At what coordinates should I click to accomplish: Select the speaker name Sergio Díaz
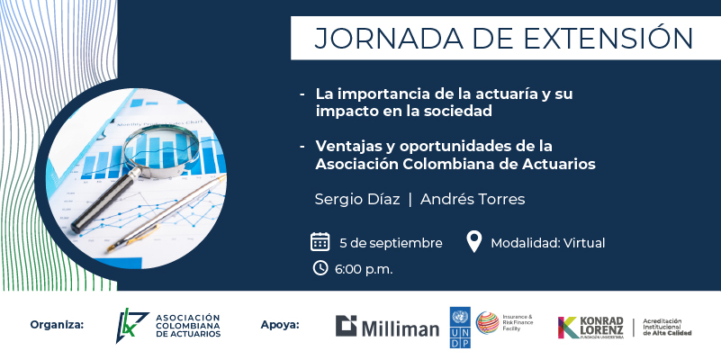(357, 200)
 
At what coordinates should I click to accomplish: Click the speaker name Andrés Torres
(473, 200)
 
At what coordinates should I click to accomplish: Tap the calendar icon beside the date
(320, 241)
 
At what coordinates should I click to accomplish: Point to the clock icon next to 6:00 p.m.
(320, 267)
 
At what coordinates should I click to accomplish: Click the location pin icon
(473, 241)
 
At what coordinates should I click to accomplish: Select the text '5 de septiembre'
(391, 243)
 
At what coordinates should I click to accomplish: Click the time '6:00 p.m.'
(364, 269)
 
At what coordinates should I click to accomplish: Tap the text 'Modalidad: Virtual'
(547, 243)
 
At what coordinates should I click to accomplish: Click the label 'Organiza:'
(57, 325)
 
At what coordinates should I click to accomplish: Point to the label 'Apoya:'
(280, 325)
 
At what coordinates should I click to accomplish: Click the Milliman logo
(387, 326)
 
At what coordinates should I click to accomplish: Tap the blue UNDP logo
(460, 328)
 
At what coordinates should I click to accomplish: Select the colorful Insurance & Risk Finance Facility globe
(487, 323)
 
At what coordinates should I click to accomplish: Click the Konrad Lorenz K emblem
(568, 328)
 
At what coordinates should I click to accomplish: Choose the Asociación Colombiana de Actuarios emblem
(131, 326)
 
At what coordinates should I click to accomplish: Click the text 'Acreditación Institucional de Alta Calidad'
(667, 327)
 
